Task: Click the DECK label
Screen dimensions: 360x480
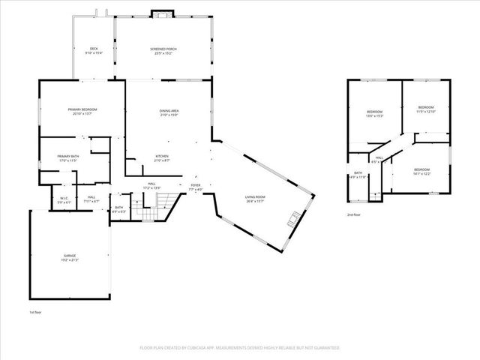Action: coord(94,49)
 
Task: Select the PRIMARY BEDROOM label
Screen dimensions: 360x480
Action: coord(82,109)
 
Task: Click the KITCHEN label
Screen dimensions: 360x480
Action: coord(162,157)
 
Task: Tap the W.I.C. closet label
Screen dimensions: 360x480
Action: coord(64,199)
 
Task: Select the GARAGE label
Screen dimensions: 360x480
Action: coord(69,256)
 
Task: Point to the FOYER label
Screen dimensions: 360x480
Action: coord(195,184)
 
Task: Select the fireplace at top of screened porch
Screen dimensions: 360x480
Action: coord(161,13)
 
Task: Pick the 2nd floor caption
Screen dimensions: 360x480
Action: coord(353,214)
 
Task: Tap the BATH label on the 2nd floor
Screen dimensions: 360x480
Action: coord(358,173)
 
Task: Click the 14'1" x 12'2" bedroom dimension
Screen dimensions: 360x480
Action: coord(423,174)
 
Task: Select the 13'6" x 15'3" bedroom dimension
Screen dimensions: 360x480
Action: coord(374,115)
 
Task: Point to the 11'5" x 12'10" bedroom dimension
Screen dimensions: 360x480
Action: coord(425,111)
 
